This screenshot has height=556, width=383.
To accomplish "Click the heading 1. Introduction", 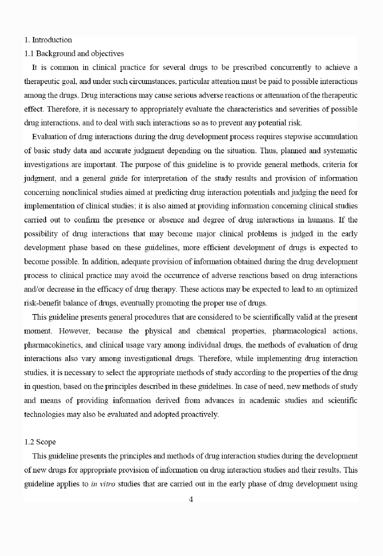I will tap(48, 40).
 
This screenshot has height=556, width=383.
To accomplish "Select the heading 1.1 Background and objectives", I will tap(74, 53).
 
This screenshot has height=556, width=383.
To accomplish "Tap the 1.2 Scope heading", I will tap(40, 442).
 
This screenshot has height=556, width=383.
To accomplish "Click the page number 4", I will tap(191, 500).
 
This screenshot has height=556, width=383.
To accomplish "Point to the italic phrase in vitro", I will tap(103, 484).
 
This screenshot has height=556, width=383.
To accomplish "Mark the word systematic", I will tap(341, 151).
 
